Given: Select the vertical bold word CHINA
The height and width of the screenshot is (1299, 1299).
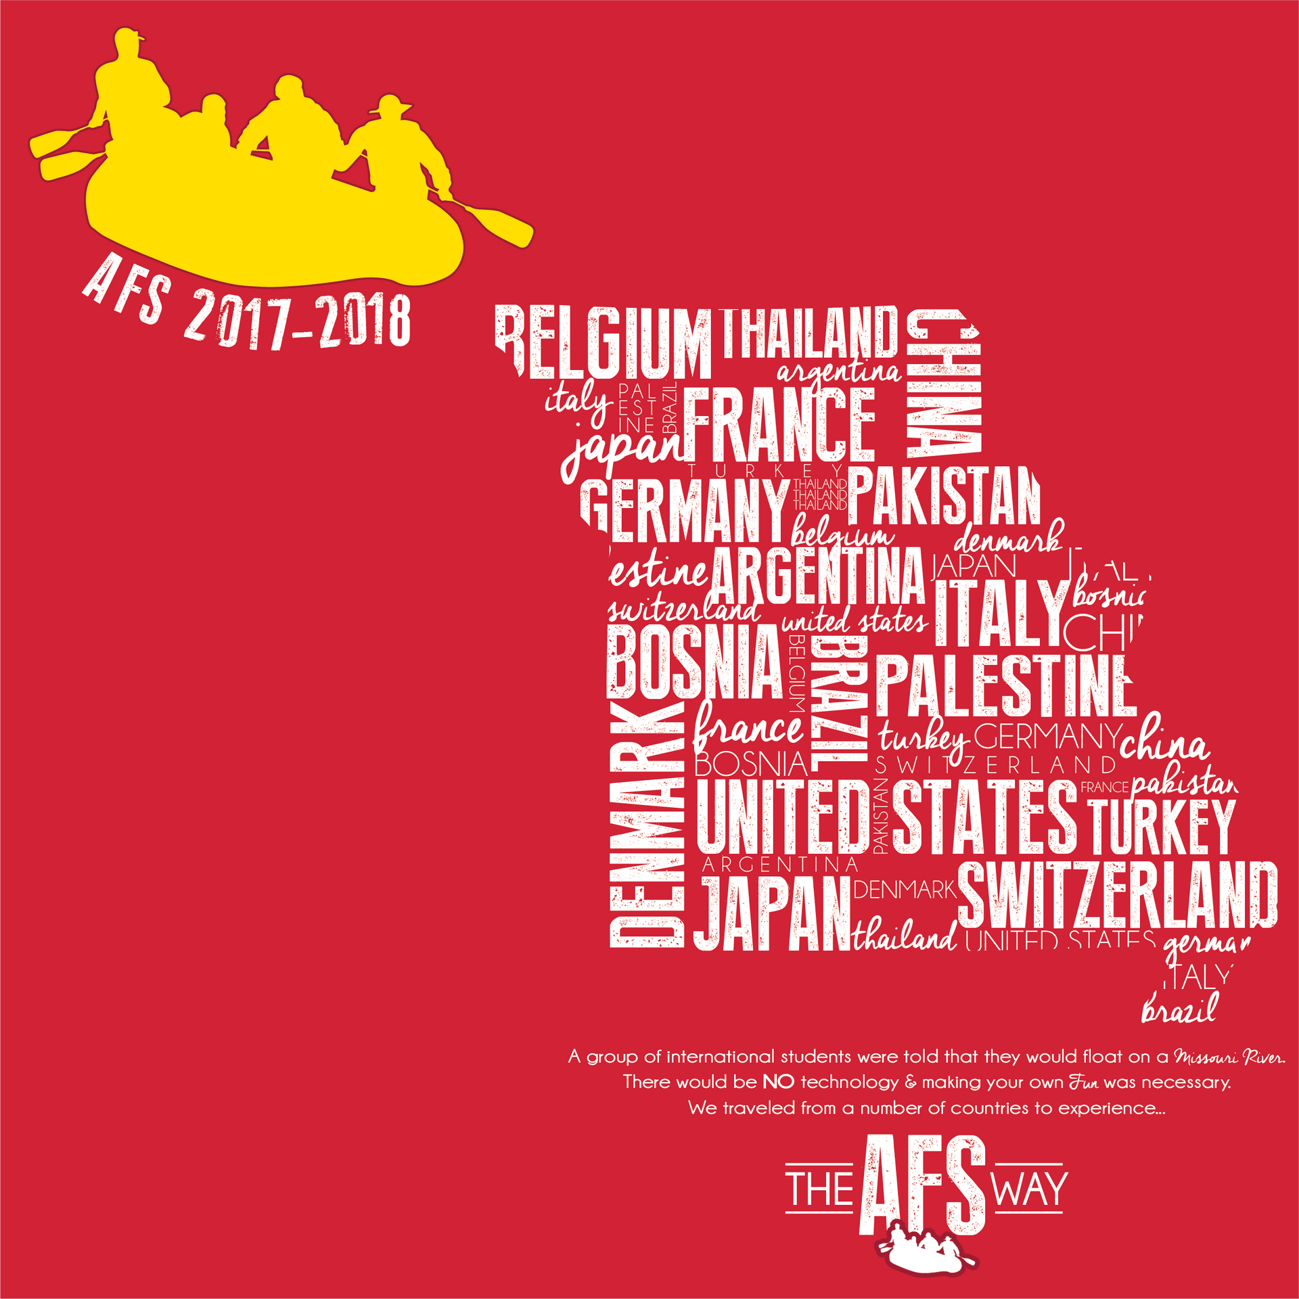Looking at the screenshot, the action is click(x=943, y=383).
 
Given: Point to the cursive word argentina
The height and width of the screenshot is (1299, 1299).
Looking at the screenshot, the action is click(x=839, y=371).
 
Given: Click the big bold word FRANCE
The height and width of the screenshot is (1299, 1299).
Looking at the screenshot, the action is click(x=779, y=424).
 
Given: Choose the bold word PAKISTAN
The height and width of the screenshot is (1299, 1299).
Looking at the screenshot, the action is click(x=944, y=496).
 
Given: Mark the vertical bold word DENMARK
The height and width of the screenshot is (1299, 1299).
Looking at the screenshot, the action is click(x=647, y=825).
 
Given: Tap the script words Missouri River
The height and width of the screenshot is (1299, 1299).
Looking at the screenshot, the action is click(x=1229, y=1057).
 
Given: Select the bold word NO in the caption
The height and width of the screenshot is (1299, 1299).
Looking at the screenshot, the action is click(x=778, y=1082).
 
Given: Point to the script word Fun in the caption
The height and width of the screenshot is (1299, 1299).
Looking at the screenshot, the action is click(x=1083, y=1082).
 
